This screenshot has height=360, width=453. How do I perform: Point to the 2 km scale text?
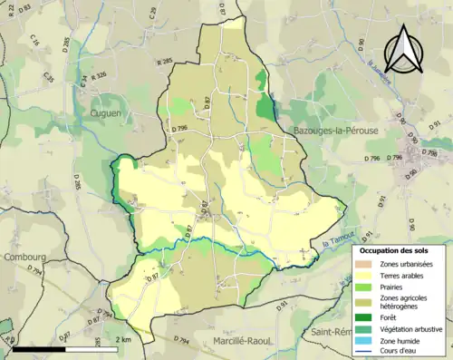[125, 339]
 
